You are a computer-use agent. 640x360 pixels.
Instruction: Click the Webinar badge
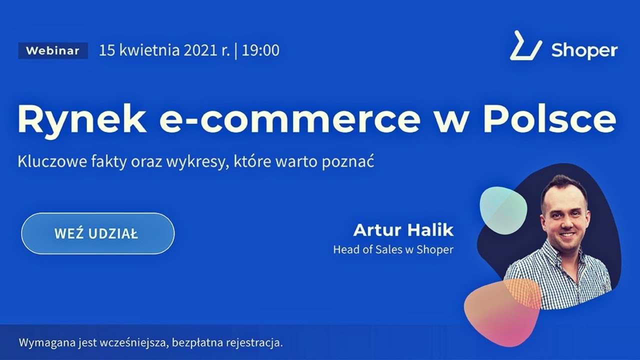point(52,50)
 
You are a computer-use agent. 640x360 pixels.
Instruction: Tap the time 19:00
point(260,50)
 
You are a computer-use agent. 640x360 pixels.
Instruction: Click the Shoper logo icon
point(525,46)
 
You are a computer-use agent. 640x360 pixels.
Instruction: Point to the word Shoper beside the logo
point(584,50)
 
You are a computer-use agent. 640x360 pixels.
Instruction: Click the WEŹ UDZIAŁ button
point(97,233)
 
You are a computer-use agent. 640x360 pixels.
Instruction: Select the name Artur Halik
point(403,230)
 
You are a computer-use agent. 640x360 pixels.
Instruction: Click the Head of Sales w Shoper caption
point(393,249)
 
